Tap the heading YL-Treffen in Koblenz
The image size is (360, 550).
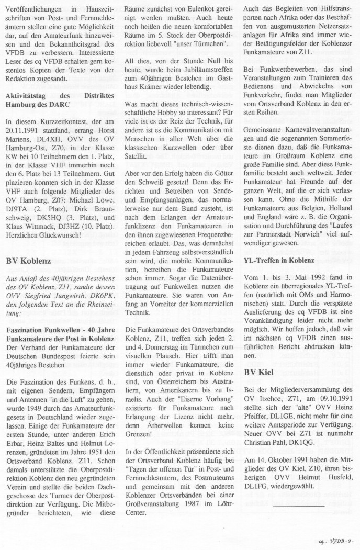[279, 260]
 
